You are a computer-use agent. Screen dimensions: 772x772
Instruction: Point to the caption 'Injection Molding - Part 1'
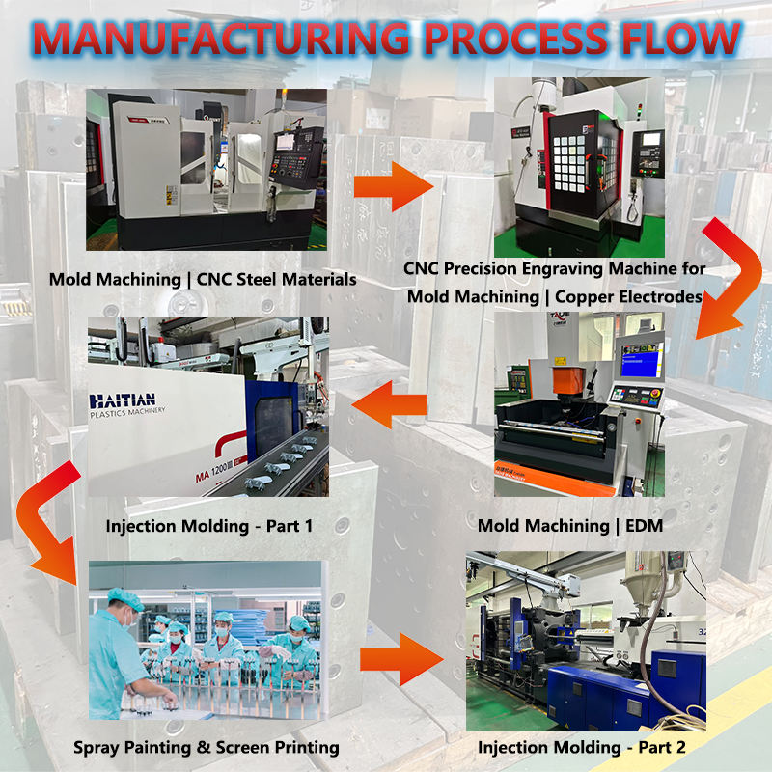click(209, 527)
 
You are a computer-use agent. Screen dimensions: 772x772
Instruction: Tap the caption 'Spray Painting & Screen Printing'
click(207, 747)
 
